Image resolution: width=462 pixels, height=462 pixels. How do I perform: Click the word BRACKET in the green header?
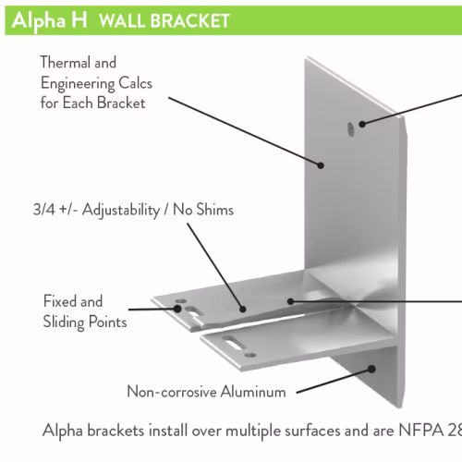[190, 21]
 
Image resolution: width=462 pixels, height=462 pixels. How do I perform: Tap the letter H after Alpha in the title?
[79, 20]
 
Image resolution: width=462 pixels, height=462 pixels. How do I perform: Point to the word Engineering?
[78, 84]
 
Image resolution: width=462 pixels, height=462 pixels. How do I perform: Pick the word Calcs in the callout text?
[136, 83]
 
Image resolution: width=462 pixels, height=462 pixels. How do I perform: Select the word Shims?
[215, 210]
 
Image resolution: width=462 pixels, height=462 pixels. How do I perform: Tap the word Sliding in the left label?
[64, 322]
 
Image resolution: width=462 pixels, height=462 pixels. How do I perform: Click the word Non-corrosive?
[172, 392]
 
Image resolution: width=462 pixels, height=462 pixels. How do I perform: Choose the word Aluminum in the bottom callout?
[253, 392]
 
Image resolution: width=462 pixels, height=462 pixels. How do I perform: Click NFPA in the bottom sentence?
[421, 431]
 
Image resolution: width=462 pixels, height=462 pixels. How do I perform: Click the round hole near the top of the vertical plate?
[351, 129]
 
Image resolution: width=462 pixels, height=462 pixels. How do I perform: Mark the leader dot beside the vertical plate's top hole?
[362, 124]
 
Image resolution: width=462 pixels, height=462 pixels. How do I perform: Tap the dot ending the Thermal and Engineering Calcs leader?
[321, 165]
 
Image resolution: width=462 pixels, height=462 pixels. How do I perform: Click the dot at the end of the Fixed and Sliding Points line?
[177, 309]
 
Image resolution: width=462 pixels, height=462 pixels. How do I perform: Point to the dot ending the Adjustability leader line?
[243, 309]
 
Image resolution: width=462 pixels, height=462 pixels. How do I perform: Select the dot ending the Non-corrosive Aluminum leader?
[372, 369]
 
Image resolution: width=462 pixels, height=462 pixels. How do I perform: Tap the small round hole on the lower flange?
[250, 356]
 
